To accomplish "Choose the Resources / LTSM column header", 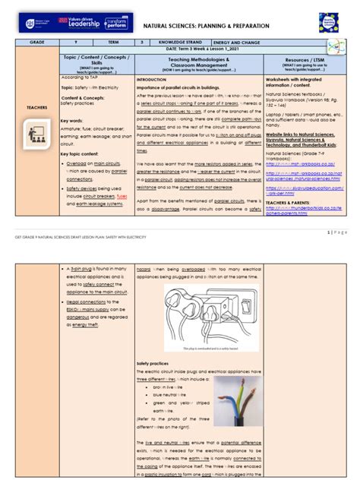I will coord(304,64).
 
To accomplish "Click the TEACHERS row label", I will coord(37,107).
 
